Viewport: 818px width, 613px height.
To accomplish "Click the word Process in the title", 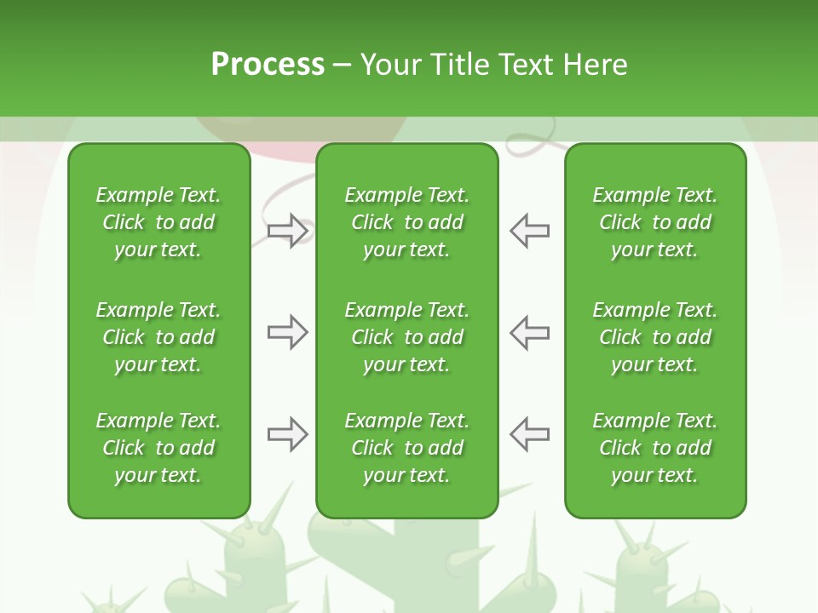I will [268, 64].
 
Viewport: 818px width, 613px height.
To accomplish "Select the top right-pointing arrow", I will [287, 231].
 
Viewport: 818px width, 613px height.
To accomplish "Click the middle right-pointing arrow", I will [287, 332].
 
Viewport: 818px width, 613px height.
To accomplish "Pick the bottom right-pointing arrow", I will [287, 434].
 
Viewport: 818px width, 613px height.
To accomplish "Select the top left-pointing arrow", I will [529, 231].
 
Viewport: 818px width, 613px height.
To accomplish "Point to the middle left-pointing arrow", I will [529, 332].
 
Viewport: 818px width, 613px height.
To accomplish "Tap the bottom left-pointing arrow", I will [529, 434].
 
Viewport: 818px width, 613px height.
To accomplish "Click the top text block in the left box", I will [158, 222].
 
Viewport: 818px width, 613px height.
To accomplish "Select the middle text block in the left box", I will [158, 337].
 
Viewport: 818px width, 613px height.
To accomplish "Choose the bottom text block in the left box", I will [158, 448].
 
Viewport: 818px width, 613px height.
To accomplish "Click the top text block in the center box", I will [406, 222].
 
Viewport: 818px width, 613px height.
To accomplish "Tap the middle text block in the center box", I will [406, 337].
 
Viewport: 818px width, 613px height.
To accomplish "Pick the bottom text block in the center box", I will [406, 448].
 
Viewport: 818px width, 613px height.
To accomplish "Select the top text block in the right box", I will [654, 222].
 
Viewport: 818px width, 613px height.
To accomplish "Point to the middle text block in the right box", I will [654, 337].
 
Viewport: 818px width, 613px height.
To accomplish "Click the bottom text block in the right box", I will [654, 448].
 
